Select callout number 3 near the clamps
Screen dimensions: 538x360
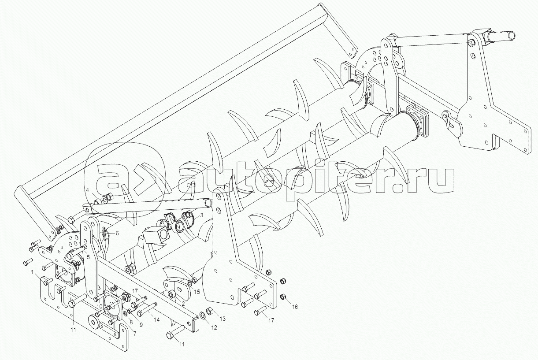click(201, 215)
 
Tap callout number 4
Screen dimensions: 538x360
click(87, 190)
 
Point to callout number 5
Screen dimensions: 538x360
click(88, 256)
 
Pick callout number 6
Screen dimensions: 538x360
click(117, 233)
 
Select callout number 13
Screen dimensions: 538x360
click(223, 318)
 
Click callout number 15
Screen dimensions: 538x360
click(197, 291)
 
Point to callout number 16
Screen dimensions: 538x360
click(295, 306)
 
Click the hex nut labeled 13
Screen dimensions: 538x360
click(210, 311)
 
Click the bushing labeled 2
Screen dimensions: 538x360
click(171, 294)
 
